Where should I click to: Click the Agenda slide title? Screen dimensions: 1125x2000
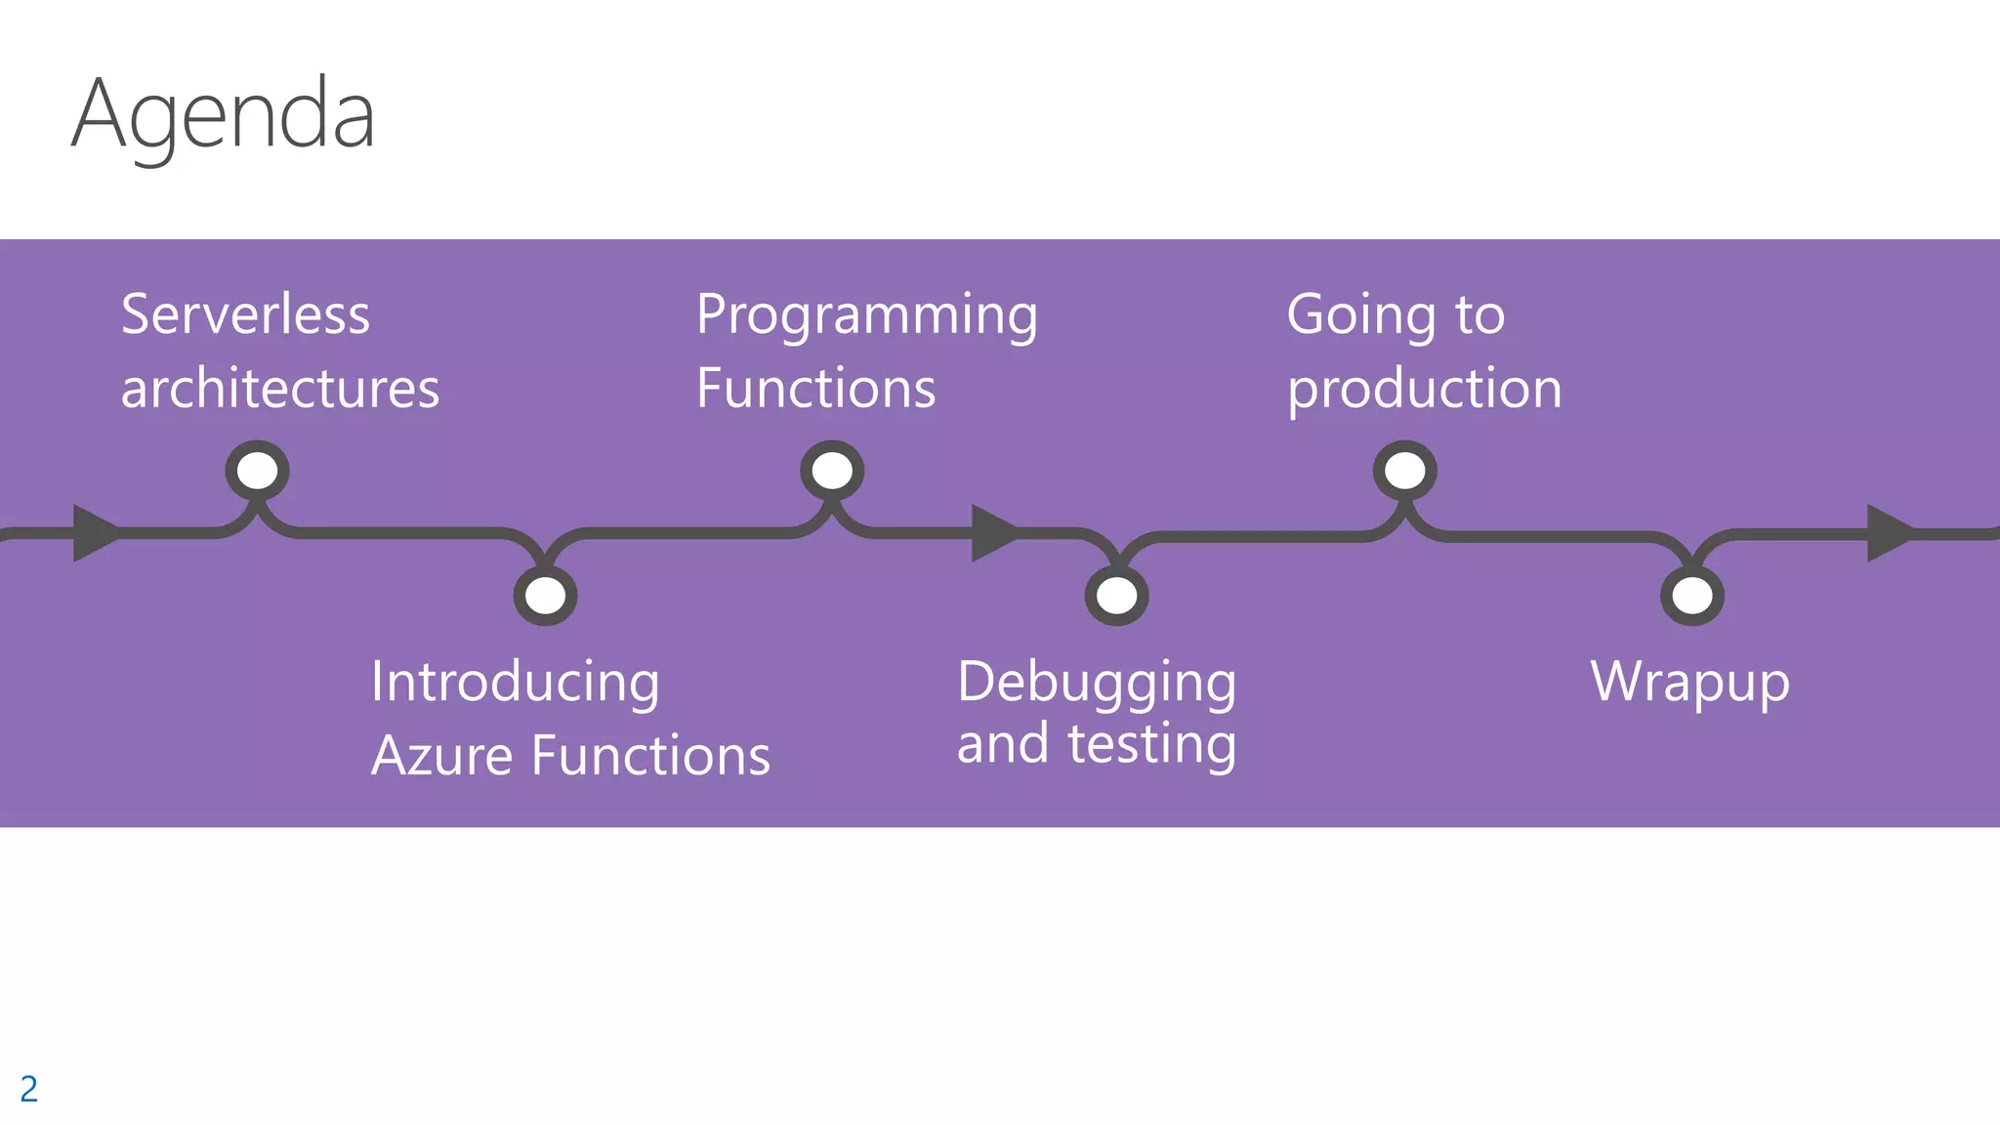[223, 116]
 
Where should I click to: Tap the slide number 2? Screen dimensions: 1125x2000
[28, 1089]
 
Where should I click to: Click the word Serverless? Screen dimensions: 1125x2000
[245, 314]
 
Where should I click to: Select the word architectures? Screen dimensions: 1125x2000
[280, 389]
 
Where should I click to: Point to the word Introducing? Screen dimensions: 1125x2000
[515, 682]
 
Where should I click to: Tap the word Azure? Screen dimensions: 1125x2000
[441, 756]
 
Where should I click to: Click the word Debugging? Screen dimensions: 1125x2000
[1096, 683]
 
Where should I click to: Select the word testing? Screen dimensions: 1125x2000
[1151, 745]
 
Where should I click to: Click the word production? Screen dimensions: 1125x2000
[1424, 390]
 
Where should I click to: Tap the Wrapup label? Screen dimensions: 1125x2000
[1689, 683]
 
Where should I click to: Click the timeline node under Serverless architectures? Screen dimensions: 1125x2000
[257, 472]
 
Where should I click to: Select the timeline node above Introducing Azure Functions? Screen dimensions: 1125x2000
[545, 595]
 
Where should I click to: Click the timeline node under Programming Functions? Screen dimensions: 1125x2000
[832, 472]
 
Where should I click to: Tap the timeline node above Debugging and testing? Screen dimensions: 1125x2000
[1116, 595]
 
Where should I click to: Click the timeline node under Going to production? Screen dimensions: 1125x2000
[1404, 472]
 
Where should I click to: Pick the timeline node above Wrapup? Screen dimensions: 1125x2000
[1691, 595]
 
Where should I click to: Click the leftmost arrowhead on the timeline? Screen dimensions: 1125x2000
[93, 533]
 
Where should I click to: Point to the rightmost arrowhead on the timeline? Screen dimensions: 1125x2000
[1887, 533]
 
